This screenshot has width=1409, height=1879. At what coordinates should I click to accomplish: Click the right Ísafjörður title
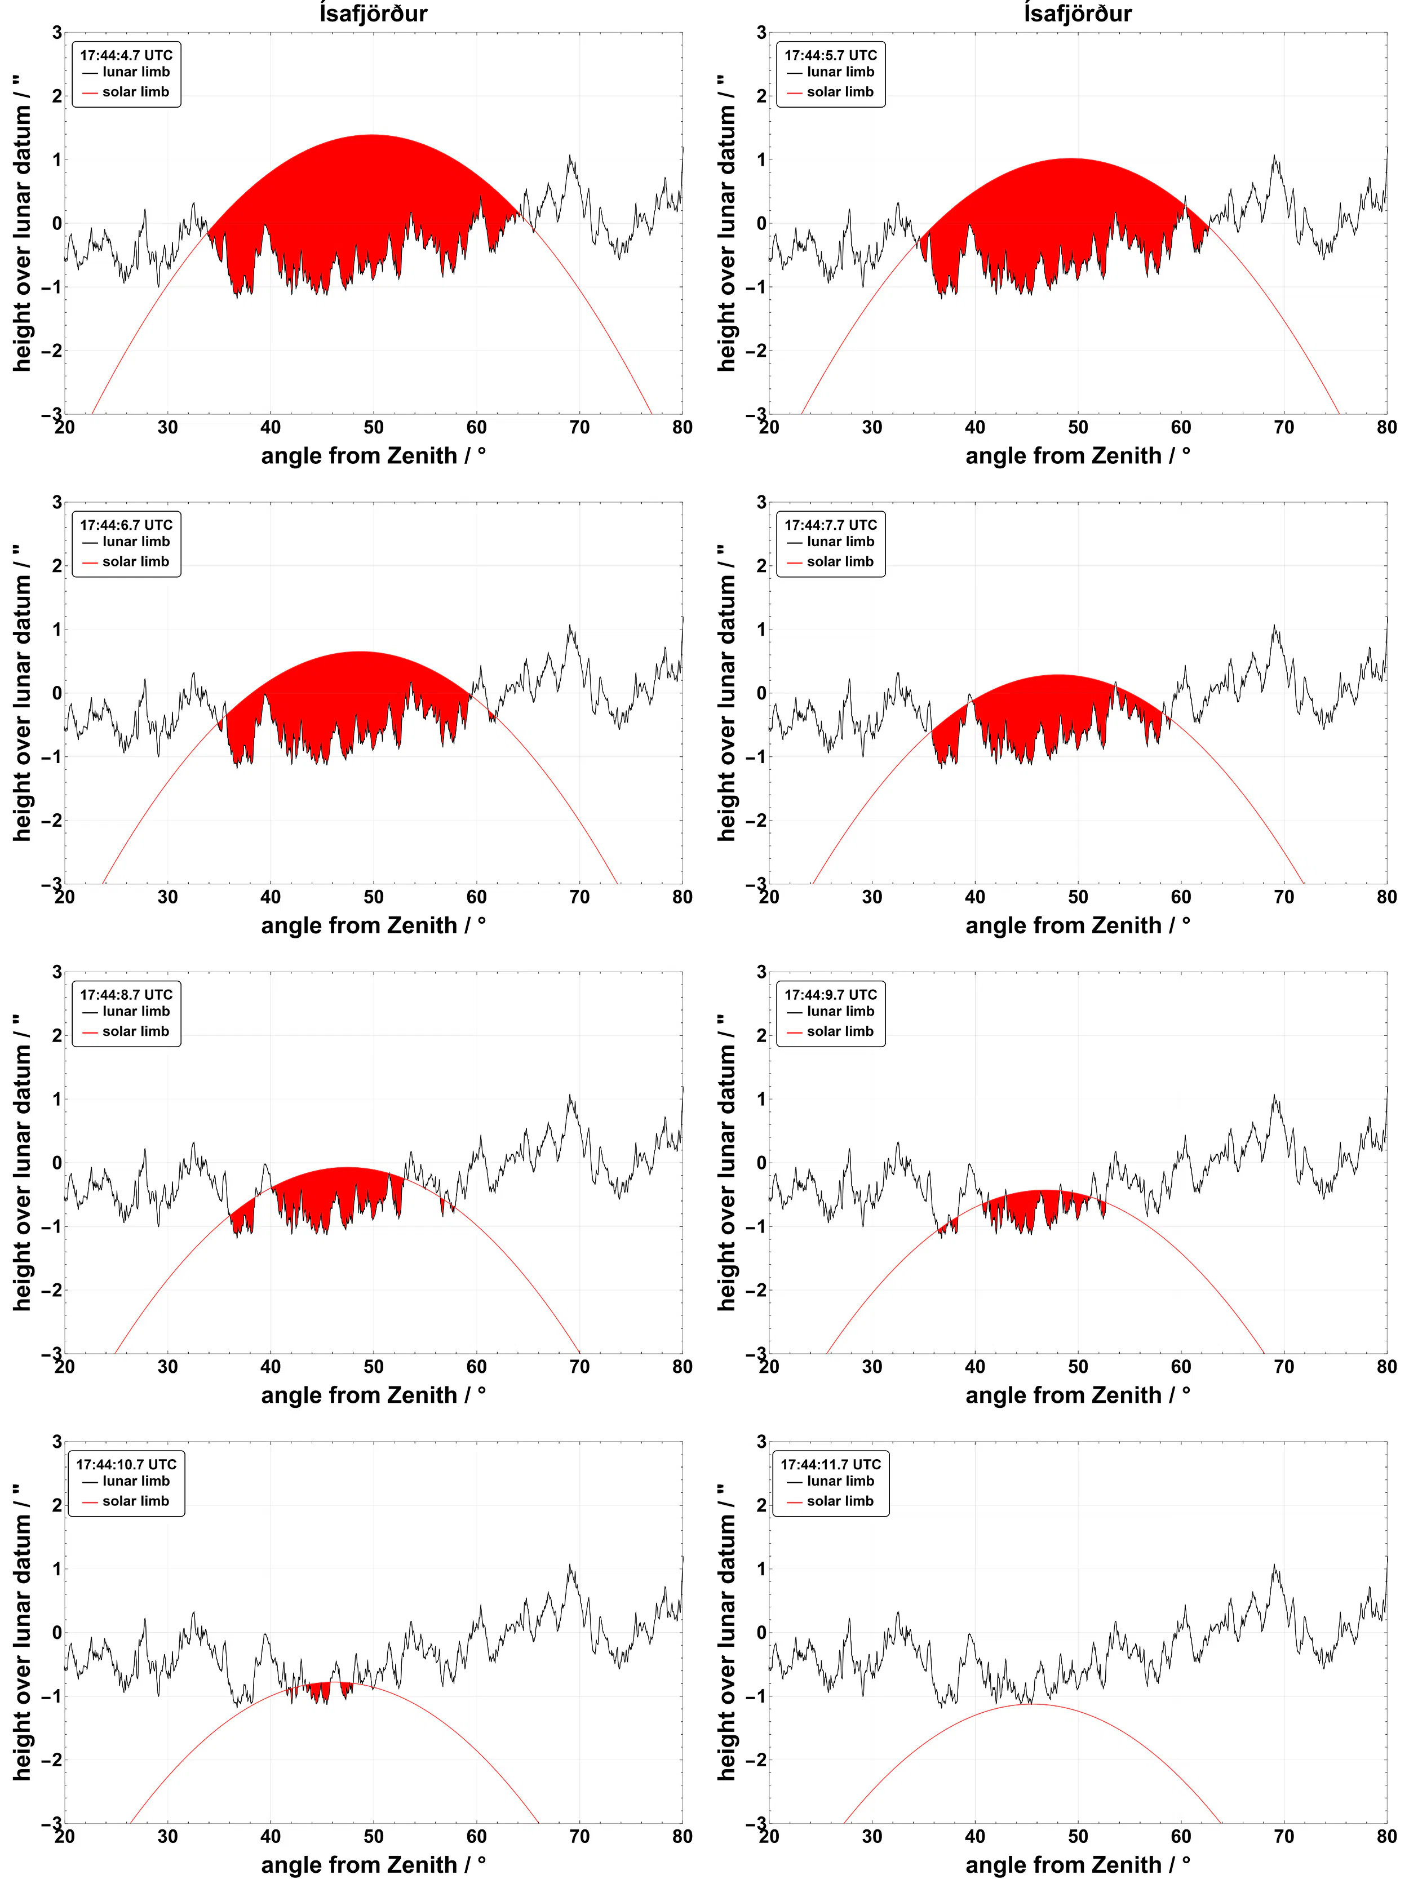pos(1077,14)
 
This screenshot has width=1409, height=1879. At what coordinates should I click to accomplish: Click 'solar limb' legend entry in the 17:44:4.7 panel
pos(135,92)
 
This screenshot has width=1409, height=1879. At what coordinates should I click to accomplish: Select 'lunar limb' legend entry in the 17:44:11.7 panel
pos(840,1481)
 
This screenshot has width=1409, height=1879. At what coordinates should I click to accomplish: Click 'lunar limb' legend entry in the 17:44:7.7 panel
pos(840,541)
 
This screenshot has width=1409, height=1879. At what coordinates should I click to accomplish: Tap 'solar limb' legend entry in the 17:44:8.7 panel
pos(135,1031)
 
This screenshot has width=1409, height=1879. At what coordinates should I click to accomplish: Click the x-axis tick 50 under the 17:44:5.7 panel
pos(1078,427)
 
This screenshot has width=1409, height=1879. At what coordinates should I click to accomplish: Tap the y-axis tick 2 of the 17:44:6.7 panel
pos(57,566)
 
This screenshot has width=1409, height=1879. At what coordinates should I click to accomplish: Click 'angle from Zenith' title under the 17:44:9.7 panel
pos(1077,1395)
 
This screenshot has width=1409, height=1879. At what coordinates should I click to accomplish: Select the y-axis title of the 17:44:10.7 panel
pos(21,1632)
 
